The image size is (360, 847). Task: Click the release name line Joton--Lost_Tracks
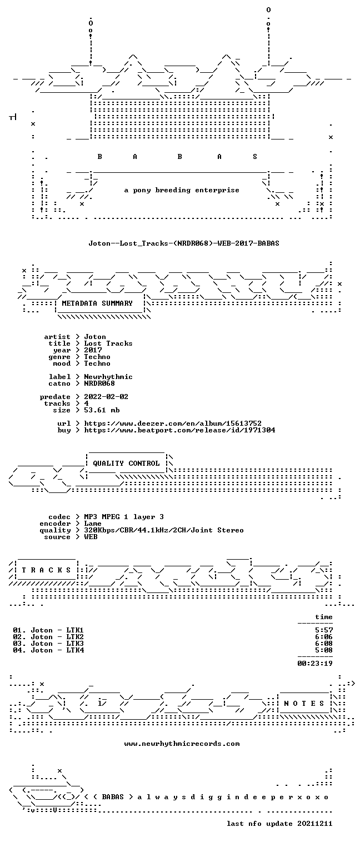(x=184, y=243)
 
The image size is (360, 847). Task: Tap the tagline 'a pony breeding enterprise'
(x=182, y=190)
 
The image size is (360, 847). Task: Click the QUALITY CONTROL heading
(x=126, y=463)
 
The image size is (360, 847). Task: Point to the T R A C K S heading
(x=46, y=570)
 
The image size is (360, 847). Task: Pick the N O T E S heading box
(x=304, y=703)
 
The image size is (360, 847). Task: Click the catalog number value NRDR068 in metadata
(x=99, y=383)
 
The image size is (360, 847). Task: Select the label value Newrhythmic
(x=108, y=377)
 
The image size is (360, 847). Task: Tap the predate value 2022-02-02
(x=106, y=397)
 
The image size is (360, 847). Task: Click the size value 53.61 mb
(x=102, y=410)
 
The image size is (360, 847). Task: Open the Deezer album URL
(x=173, y=423)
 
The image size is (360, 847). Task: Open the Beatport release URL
(x=179, y=430)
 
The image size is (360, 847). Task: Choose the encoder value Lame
(x=93, y=524)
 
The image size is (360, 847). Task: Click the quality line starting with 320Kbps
(x=164, y=530)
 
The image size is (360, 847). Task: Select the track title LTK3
(x=75, y=643)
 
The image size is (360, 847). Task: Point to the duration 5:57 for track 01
(x=324, y=630)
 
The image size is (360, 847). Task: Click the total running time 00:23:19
(x=315, y=663)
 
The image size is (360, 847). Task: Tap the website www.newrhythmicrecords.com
(x=182, y=744)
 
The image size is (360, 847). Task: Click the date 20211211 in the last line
(x=315, y=823)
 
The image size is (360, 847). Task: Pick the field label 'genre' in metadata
(x=59, y=357)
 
